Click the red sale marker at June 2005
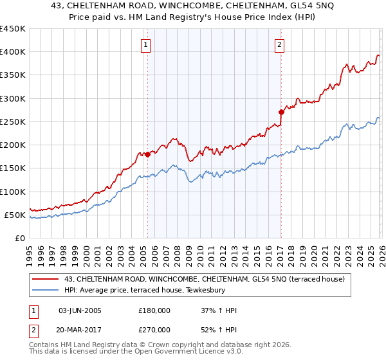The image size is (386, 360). [147, 154]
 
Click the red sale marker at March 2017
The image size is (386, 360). [281, 112]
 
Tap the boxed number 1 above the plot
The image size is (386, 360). [147, 45]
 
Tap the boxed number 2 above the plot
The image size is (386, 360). [280, 45]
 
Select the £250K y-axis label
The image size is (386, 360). [12, 122]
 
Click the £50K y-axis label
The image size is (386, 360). [15, 215]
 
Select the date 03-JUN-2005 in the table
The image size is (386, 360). [80, 311]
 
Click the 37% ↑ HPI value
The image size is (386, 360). [219, 311]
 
